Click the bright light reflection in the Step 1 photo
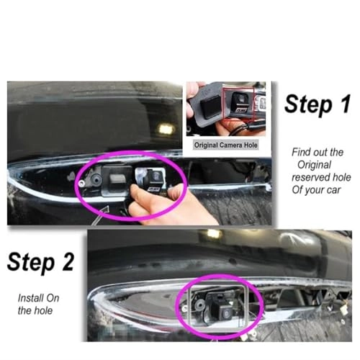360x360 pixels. tap(166, 129)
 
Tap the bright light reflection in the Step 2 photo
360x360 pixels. tap(213, 234)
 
